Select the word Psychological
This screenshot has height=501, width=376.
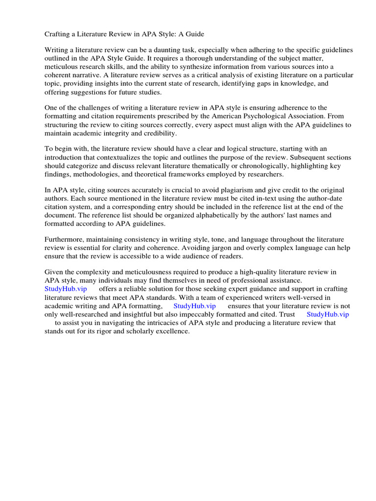coord(251,116)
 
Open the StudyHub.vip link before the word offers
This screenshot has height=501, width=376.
coord(66,289)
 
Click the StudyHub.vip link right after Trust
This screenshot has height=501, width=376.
coord(328,314)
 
